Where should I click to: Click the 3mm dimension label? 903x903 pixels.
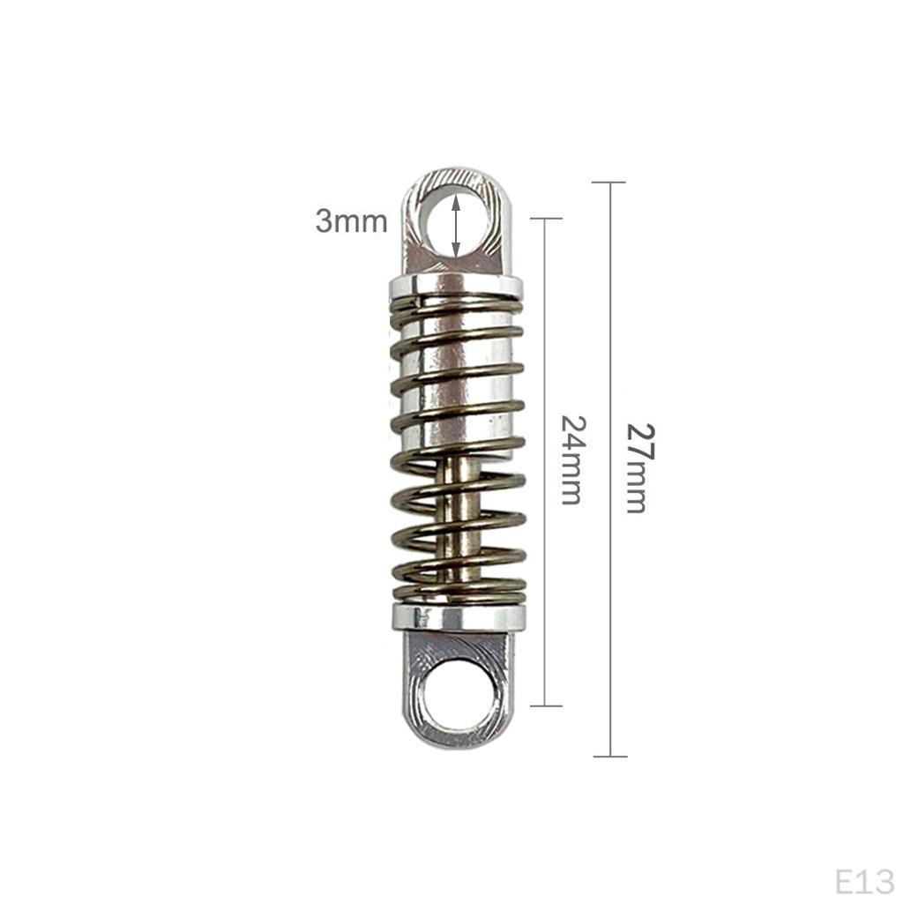[x=351, y=221]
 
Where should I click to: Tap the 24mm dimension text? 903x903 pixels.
[x=571, y=460]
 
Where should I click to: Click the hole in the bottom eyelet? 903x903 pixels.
[x=456, y=696]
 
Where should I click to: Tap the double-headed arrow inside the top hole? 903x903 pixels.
[x=455, y=227]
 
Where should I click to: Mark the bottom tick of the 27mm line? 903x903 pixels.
[x=609, y=757]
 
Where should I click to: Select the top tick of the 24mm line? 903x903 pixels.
[x=546, y=218]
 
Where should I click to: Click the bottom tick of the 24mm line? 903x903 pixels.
[x=546, y=705]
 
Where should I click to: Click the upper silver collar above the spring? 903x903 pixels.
[x=455, y=286]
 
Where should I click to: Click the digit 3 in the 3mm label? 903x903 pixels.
[x=325, y=221]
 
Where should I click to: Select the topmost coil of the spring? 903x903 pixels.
[x=455, y=305]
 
